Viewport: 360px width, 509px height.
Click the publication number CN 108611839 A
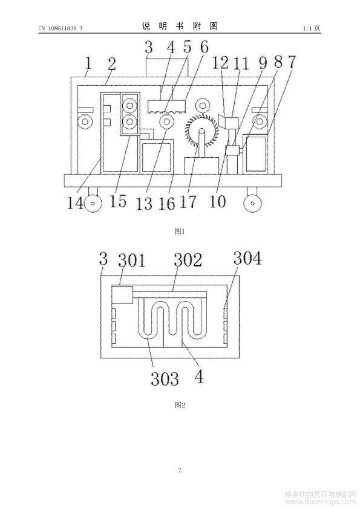[61, 28]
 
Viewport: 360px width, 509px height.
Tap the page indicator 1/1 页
[311, 28]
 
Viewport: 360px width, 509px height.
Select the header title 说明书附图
[180, 26]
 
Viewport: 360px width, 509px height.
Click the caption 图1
[180, 232]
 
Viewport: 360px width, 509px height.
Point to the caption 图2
[180, 405]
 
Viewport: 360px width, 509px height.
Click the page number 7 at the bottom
[180, 470]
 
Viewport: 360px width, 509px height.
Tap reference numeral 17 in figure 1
[188, 201]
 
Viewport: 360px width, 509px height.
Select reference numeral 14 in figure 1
[75, 203]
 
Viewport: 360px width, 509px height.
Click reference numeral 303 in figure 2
[165, 378]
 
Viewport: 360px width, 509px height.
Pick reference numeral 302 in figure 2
[188, 260]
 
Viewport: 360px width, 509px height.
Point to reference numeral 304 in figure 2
[247, 259]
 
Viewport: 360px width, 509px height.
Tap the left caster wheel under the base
[93, 204]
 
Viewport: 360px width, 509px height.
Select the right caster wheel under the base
[253, 204]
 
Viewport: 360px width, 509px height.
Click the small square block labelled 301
[122, 295]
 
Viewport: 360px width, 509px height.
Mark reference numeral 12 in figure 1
[220, 63]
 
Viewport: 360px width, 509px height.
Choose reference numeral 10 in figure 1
[217, 201]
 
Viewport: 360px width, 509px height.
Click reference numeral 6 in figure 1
[204, 47]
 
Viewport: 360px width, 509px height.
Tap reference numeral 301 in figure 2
[131, 261]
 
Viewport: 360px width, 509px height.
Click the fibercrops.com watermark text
[321, 502]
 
